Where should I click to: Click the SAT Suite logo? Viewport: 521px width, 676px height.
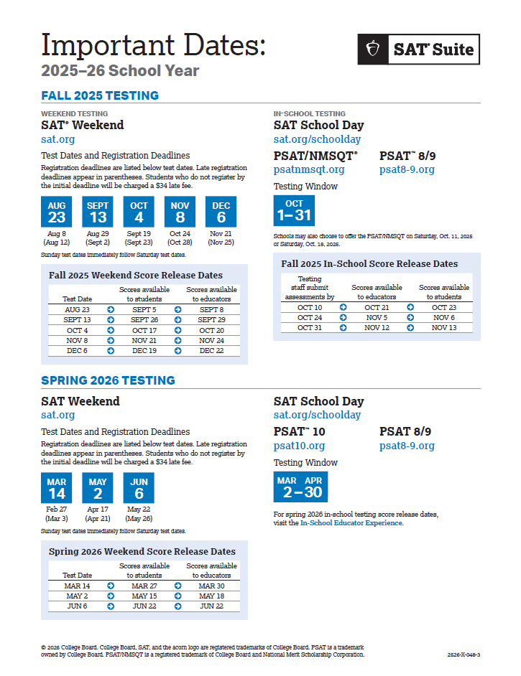(x=418, y=50)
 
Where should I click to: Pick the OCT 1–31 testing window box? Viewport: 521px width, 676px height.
(x=294, y=210)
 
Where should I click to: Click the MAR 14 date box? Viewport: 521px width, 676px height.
(x=57, y=487)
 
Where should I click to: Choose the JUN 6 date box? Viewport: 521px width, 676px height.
(x=139, y=487)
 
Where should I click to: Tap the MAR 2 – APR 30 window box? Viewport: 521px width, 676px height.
(x=300, y=487)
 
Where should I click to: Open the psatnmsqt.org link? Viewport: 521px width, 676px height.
(x=309, y=170)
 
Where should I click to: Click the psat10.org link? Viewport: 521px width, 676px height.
(x=299, y=446)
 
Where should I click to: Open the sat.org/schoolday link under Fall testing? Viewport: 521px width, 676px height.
(x=317, y=139)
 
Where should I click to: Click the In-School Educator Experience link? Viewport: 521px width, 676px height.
(x=351, y=523)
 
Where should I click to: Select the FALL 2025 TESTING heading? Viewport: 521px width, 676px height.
(x=100, y=95)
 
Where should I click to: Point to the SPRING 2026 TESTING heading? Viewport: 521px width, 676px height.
(x=108, y=380)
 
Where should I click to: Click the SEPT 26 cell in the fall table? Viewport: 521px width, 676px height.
(x=144, y=320)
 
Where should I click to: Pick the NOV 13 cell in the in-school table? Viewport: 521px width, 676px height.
(x=444, y=328)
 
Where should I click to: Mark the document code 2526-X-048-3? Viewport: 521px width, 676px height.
(x=463, y=654)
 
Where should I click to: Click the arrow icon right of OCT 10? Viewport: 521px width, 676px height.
(x=343, y=307)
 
